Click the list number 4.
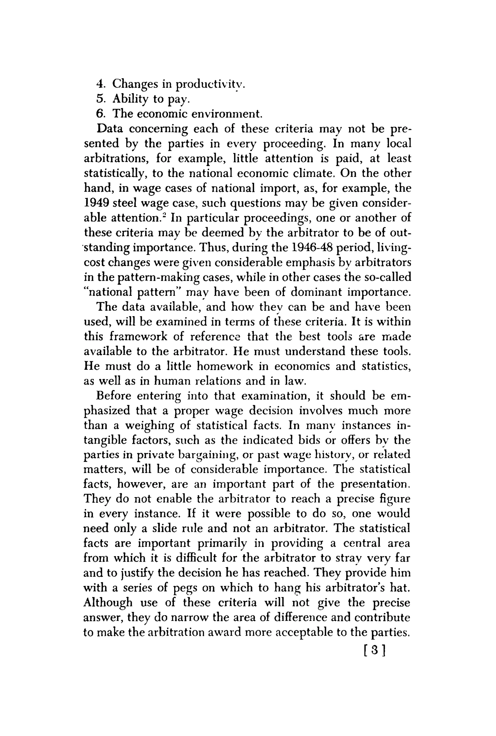pos(100,84)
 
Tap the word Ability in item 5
pos(130,99)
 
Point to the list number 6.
pos(100,114)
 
